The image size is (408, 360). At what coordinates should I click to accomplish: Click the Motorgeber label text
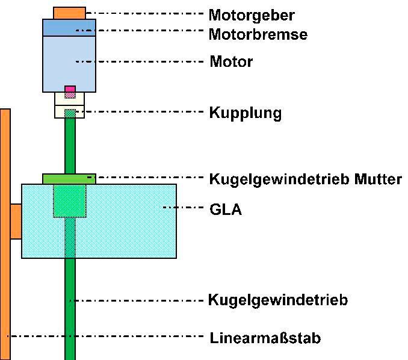tap(252, 14)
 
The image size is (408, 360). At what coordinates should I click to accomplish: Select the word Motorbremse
tap(258, 34)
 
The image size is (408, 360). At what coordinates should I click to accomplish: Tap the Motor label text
tap(230, 61)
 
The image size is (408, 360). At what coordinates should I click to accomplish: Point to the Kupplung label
tap(245, 113)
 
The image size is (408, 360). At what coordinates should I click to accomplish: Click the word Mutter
tap(377, 179)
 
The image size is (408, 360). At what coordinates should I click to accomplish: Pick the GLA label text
tap(226, 210)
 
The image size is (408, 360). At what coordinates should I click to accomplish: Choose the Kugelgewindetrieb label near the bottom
tap(277, 300)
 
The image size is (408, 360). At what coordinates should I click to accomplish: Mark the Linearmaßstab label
tap(265, 338)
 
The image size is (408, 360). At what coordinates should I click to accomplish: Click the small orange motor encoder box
tap(69, 12)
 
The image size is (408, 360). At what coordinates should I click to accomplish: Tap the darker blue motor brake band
tap(69, 27)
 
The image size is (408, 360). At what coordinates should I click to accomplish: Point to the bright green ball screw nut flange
tap(69, 178)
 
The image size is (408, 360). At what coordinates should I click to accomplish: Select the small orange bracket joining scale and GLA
tap(16, 221)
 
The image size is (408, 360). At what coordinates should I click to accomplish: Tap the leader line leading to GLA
tap(184, 208)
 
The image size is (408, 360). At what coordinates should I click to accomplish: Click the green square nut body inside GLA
tap(70, 201)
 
